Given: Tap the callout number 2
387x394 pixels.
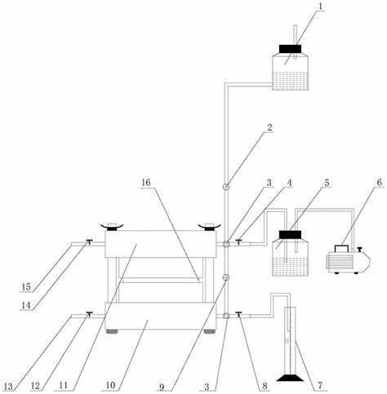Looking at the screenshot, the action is (269, 127).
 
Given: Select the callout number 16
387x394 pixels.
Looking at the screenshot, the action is (146, 183).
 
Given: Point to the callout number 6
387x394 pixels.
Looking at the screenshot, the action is (380, 183).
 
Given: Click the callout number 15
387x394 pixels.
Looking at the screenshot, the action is (26, 286).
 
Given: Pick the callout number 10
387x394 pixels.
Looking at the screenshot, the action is (111, 385).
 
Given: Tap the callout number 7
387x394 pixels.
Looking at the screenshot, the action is (320, 385).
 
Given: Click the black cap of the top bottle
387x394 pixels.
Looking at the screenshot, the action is (290, 49).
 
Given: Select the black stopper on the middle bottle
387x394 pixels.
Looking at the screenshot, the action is (290, 234).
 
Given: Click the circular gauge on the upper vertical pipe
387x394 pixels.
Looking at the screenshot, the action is (226, 187).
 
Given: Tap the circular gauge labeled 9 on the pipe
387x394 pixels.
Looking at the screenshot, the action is (226, 277).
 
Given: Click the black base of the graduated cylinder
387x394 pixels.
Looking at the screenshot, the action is (290, 378).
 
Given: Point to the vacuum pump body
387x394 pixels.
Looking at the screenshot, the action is (348, 260).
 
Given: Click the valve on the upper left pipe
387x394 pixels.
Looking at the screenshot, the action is (89, 241).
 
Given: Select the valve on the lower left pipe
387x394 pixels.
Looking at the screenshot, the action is (89, 313).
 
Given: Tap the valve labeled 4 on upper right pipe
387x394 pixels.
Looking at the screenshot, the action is (238, 241).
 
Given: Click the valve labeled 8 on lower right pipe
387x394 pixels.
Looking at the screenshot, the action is (238, 314).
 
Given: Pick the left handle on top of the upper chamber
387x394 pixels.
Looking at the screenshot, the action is (112, 227).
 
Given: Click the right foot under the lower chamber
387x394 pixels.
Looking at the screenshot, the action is (209, 331).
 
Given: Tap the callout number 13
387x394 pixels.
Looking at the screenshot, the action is (8, 387).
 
